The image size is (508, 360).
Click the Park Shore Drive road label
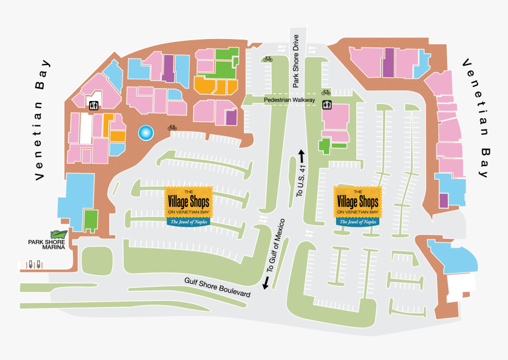[x=297, y=61]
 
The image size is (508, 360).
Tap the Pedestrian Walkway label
[x=289, y=100]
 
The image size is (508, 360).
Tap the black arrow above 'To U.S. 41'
[x=301, y=156]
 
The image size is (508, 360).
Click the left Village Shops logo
[x=188, y=206]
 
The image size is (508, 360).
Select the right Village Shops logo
[x=357, y=206]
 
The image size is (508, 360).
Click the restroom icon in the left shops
[x=93, y=106]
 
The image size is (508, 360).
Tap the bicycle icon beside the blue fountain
[x=172, y=127]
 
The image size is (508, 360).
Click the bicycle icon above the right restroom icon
[x=326, y=92]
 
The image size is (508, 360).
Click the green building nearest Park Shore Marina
[x=90, y=220]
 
